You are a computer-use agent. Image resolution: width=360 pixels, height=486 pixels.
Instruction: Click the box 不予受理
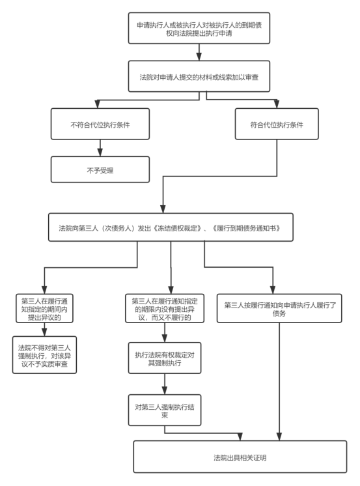100,169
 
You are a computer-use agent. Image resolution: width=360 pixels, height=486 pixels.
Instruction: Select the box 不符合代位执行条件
100,124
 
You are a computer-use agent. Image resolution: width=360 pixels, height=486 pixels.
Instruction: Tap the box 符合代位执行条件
277,124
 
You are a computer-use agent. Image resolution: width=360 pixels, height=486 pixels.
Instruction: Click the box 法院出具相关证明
240,457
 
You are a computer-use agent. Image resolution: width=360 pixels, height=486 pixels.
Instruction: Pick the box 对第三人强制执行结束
165,410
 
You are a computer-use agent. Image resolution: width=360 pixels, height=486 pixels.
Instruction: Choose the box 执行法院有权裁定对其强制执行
165,358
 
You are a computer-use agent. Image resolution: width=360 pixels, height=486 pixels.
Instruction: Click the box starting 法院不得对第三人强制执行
44,355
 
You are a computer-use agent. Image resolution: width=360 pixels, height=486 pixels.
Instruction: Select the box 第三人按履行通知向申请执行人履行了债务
279,308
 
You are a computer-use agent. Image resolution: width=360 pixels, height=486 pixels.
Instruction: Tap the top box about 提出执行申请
199,28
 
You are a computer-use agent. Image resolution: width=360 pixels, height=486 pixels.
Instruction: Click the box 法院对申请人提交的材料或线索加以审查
199,76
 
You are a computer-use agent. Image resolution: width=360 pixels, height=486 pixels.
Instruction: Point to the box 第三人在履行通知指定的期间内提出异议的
44,308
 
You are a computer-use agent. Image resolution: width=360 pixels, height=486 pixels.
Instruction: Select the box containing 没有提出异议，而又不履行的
165,308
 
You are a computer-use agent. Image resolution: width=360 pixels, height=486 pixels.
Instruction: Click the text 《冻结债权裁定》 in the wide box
178,229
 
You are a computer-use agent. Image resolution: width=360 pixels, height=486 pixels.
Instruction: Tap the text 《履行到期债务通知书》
246,229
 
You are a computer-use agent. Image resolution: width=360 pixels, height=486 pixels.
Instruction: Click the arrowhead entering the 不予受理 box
100,152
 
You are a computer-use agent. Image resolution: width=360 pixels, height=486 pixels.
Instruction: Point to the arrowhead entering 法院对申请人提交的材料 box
199,57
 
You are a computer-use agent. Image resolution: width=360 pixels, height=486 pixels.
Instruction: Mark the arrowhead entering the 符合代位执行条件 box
277,104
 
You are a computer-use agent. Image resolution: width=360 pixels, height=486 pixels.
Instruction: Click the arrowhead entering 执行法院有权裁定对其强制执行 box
165,339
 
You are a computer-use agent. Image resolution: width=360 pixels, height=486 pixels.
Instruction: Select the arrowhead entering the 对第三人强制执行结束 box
165,390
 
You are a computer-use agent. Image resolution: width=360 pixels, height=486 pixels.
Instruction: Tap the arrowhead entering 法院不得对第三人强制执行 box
44,332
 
